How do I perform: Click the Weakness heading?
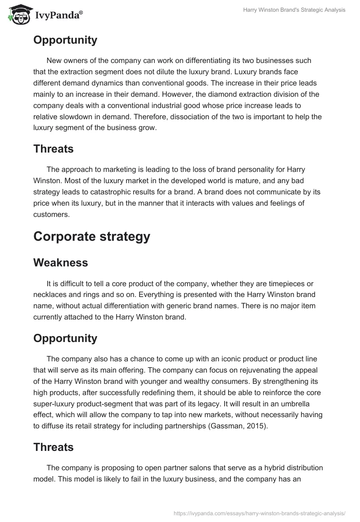[60, 263]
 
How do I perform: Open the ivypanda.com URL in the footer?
[259, 513]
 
